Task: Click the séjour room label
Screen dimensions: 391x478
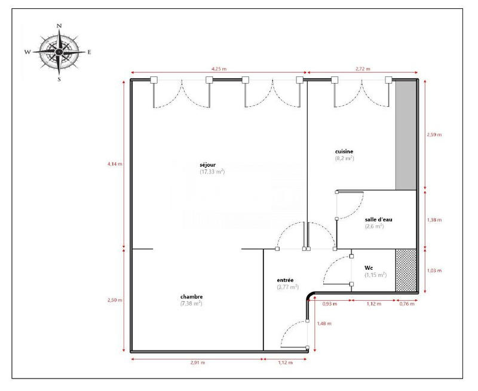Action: tap(212, 164)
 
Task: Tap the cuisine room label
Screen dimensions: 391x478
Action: tap(345, 152)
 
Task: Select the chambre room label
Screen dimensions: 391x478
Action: tap(191, 297)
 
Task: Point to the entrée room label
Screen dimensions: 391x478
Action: tap(285, 280)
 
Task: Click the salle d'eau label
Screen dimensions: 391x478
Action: tap(379, 219)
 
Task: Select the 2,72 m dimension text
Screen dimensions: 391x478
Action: tap(361, 69)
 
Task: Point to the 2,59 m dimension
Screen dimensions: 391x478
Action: tap(435, 135)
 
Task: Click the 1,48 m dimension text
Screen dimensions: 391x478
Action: tap(323, 323)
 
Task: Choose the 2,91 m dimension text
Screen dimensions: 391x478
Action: tap(197, 362)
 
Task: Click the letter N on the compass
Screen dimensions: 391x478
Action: tap(59, 26)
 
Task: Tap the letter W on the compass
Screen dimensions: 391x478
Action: tap(27, 53)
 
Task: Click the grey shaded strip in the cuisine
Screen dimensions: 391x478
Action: tap(406, 135)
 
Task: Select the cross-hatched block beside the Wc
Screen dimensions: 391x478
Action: tap(406, 270)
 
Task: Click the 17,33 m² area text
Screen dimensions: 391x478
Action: tap(212, 172)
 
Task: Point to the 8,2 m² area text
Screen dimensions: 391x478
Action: tap(345, 159)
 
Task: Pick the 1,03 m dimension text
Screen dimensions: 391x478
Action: tap(435, 270)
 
